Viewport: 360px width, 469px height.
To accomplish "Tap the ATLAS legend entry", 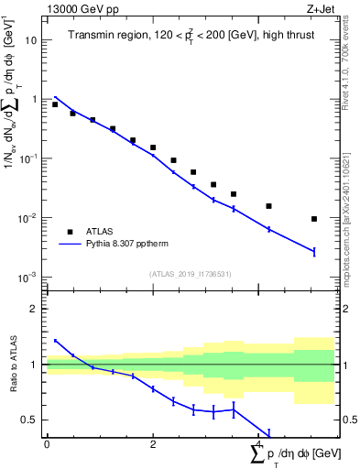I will click(107, 232).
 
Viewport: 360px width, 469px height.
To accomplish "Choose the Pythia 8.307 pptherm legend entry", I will click(136, 245).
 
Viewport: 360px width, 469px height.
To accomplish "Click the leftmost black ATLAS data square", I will click(55, 104).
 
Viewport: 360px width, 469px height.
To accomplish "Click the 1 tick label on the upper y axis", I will click(35, 99).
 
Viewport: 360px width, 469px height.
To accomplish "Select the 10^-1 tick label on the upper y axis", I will click(30, 158).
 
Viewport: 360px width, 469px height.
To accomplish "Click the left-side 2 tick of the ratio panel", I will click(35, 309).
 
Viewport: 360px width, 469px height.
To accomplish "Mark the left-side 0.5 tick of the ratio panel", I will click(30, 420).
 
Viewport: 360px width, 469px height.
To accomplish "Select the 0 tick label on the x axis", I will click(47, 444).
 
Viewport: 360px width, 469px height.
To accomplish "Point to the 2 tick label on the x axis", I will click(153, 444).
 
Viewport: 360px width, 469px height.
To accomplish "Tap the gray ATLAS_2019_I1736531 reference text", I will click(190, 274).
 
